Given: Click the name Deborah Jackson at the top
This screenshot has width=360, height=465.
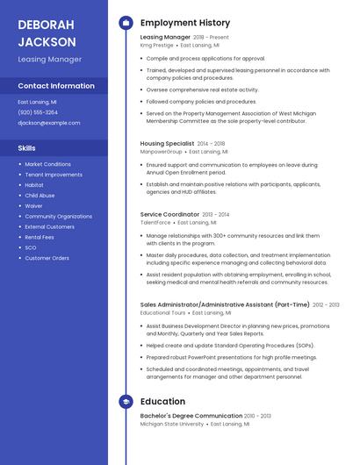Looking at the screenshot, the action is coord(47,32).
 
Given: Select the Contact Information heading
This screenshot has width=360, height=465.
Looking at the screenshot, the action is coord(56,86).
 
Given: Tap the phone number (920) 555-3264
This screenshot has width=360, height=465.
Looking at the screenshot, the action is coord(38,112).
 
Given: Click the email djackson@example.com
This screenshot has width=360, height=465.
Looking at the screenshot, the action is coord(48,123).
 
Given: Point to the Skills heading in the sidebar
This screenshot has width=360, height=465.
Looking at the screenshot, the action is coord(27,148).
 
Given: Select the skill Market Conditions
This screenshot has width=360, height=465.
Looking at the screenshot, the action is coord(47,164).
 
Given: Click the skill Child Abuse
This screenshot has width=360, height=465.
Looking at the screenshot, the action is coord(40,196).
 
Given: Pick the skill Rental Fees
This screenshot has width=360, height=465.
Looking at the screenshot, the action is coord(40,237).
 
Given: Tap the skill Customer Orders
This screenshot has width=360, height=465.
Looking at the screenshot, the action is coord(47,258).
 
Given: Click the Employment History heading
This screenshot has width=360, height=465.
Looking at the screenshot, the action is coord(185,23).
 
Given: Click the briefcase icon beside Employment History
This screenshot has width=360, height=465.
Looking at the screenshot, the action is coord(126,23).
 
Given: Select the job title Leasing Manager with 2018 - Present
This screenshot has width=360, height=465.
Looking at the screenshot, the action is coord(165,38).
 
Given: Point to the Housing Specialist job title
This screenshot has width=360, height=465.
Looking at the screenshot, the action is coord(167,143).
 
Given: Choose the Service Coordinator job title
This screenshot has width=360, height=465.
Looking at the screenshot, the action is coord(170,214).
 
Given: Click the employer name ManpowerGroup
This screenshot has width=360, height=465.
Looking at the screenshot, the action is coord(162,151).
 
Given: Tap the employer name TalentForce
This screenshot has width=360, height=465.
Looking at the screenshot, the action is coord(155,223).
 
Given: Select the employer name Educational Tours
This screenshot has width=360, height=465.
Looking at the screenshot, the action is coord(163,312).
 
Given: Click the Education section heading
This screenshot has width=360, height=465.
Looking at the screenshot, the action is coord(162,402).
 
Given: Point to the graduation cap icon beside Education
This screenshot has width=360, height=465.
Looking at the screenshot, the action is coord(126,402).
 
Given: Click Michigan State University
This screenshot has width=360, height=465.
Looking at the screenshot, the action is coord(171,424).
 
